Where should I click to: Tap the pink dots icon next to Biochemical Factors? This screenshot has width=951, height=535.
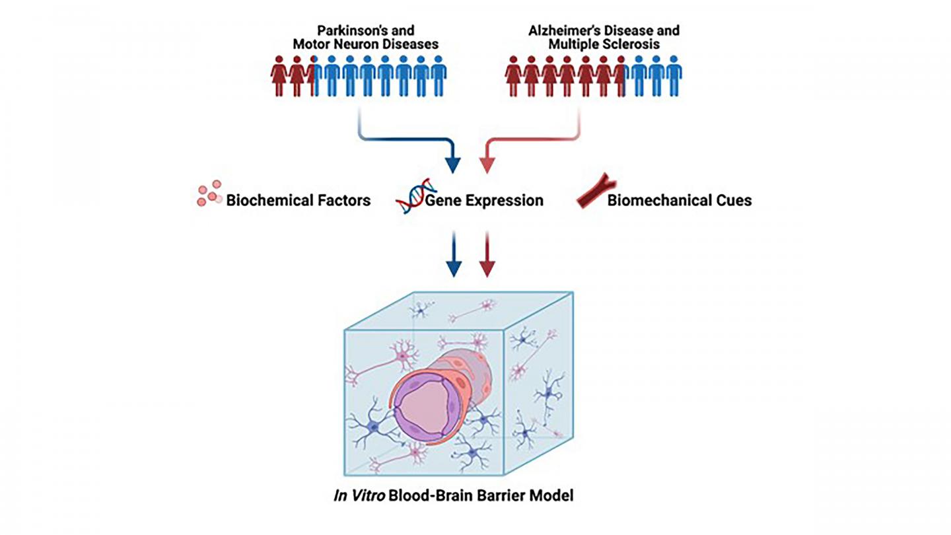(209, 194)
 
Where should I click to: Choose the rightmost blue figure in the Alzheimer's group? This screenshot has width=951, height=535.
(673, 76)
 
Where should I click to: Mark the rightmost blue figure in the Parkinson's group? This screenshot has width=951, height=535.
(439, 76)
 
